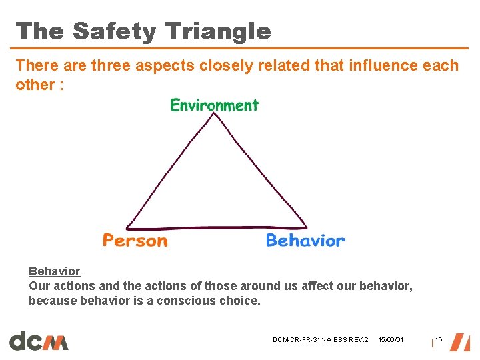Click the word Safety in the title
click(x=114, y=31)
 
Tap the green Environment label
click(x=214, y=105)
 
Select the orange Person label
click(x=135, y=240)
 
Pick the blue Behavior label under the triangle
click(x=305, y=240)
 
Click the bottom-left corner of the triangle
click(x=127, y=227)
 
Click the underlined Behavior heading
click(x=54, y=271)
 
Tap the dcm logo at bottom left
click(x=39, y=341)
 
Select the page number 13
click(x=438, y=340)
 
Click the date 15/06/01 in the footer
click(x=390, y=341)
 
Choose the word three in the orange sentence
click(x=111, y=65)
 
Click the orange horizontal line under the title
click(x=240, y=49)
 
